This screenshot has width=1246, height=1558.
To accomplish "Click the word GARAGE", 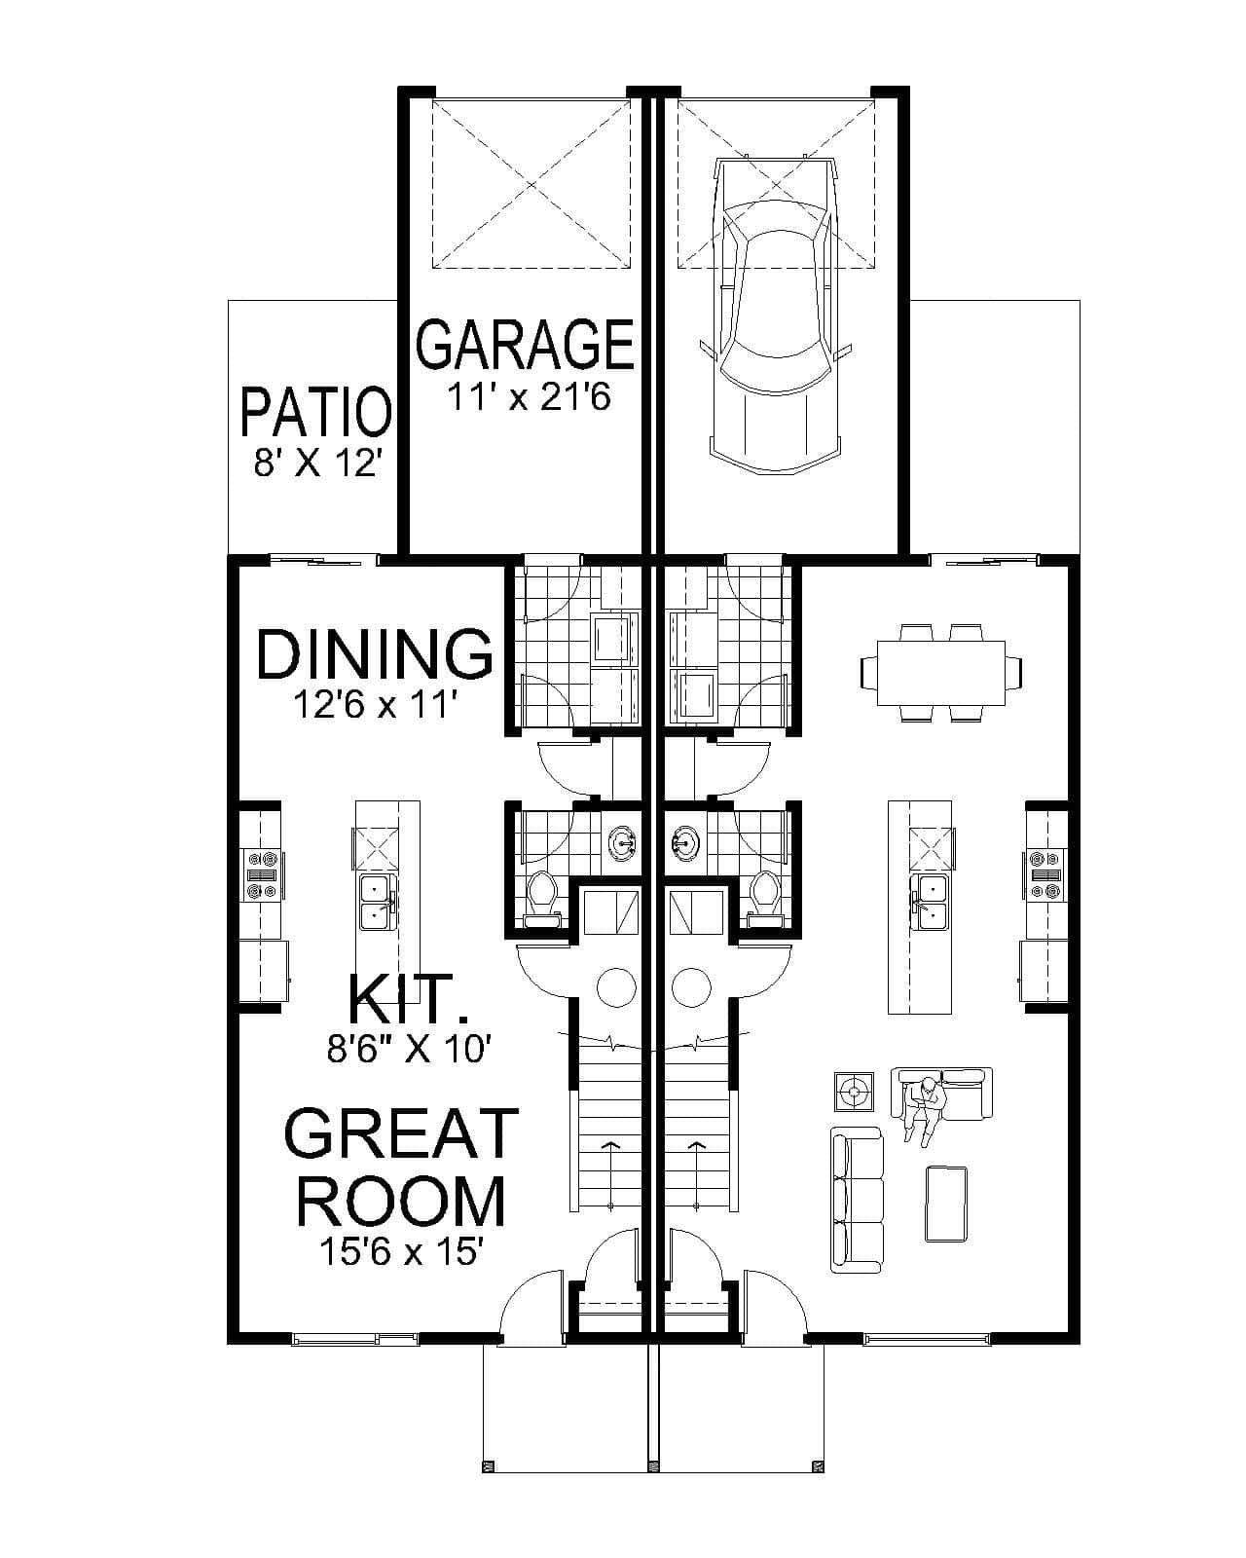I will click(x=526, y=344).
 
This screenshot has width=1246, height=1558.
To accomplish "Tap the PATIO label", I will click(x=314, y=412).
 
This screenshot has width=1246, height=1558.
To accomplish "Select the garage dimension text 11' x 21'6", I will click(x=528, y=397).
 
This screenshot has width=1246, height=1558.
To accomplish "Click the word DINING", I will click(x=374, y=654).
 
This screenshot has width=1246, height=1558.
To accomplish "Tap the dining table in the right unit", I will click(x=940, y=673).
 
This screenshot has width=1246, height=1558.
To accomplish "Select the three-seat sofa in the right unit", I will click(x=857, y=1200).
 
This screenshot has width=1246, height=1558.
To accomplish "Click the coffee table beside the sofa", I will click(x=945, y=1204).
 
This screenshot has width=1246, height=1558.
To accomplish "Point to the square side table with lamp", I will click(x=854, y=1092).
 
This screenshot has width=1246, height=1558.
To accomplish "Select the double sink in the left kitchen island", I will click(x=376, y=902).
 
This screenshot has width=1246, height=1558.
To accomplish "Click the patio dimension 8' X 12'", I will click(x=314, y=464).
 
